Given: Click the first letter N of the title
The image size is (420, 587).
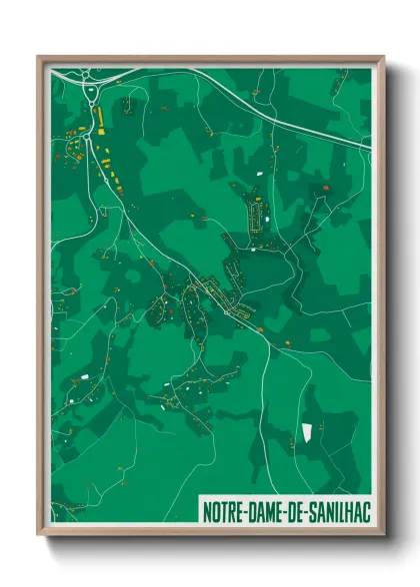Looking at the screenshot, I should [x=206, y=510].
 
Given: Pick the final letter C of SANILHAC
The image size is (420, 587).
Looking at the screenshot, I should [x=364, y=510].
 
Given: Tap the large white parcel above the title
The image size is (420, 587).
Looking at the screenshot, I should [x=307, y=433].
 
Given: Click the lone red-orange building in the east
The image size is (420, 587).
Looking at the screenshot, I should [x=324, y=188].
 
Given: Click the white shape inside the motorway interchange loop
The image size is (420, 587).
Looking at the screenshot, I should [x=92, y=96].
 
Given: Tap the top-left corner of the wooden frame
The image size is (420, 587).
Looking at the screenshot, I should [x=39, y=57].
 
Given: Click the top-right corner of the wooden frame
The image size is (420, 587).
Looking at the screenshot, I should [x=382, y=57].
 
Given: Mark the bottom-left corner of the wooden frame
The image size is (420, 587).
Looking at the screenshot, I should [x=39, y=536].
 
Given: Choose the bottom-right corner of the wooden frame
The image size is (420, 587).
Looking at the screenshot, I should [x=382, y=536].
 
